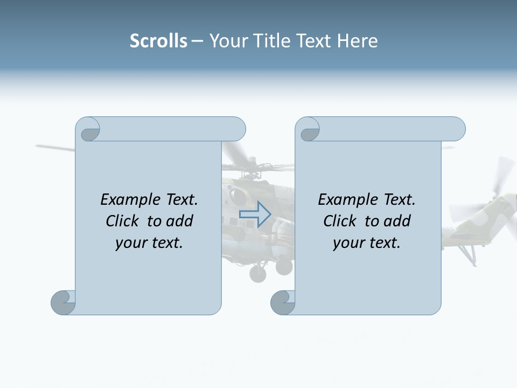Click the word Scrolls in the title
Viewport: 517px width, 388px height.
(x=158, y=41)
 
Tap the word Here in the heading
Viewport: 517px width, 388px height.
(x=358, y=41)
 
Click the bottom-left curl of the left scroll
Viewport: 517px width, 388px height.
(x=63, y=302)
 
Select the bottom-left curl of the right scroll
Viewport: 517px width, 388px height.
(x=282, y=302)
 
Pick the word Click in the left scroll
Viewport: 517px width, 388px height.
(x=123, y=221)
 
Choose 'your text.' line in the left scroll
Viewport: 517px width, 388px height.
(x=149, y=242)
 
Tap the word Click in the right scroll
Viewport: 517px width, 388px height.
(x=340, y=221)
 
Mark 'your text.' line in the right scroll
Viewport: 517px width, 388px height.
(x=367, y=242)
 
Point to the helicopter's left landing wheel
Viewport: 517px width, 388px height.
(x=258, y=274)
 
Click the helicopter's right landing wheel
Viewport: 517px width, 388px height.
(x=284, y=266)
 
